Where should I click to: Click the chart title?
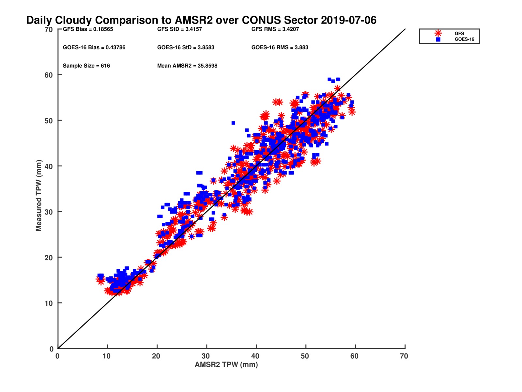click(201, 20)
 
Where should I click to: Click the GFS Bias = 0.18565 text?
click(88, 29)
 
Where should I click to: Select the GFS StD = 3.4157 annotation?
click(179, 29)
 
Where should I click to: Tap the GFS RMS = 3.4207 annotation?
click(275, 29)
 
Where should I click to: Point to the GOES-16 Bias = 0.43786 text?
click(94, 47)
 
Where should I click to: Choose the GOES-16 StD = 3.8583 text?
click(186, 47)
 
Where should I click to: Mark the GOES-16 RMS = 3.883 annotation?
click(280, 47)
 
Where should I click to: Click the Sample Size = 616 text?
click(86, 66)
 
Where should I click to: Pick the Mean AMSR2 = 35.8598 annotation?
click(187, 66)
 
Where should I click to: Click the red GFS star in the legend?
click(438, 33)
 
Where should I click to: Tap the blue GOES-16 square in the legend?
click(438, 39)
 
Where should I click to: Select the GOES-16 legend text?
click(464, 39)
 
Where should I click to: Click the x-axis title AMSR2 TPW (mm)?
click(226, 365)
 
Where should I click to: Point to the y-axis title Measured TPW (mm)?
click(39, 195)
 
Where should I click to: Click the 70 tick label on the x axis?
click(404, 356)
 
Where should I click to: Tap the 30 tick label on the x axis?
click(206, 356)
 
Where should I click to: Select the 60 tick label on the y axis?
click(49, 75)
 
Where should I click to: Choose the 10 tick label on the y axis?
click(49, 303)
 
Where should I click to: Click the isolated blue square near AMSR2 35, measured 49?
click(233, 123)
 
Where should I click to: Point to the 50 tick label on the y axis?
click(49, 121)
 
